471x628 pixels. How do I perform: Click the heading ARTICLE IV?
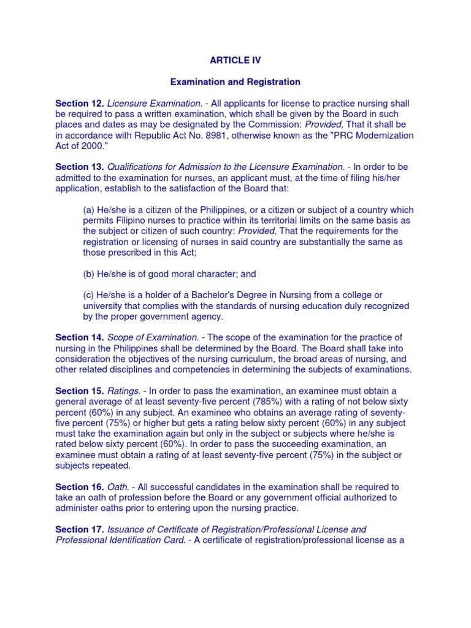[235, 60]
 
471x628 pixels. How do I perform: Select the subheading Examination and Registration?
[235, 82]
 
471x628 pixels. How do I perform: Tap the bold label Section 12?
[80, 103]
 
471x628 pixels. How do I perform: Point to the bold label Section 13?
[80, 167]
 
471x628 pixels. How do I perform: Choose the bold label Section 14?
[80, 337]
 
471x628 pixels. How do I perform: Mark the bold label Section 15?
[80, 391]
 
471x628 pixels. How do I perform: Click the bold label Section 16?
[80, 487]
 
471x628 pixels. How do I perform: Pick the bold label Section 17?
[80, 529]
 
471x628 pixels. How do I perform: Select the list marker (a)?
[89, 210]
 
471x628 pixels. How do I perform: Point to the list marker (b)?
[89, 274]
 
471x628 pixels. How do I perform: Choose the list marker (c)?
[89, 295]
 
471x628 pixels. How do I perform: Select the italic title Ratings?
[123, 391]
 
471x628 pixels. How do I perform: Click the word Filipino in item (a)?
[128, 220]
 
